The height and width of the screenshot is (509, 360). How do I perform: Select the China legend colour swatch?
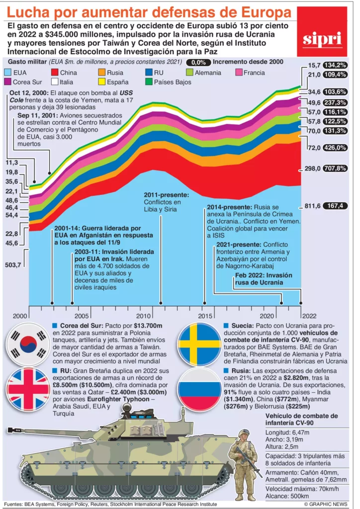point(56,73)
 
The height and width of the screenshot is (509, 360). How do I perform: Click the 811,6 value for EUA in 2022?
point(312,205)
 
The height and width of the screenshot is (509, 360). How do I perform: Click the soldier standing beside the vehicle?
point(245,465)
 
